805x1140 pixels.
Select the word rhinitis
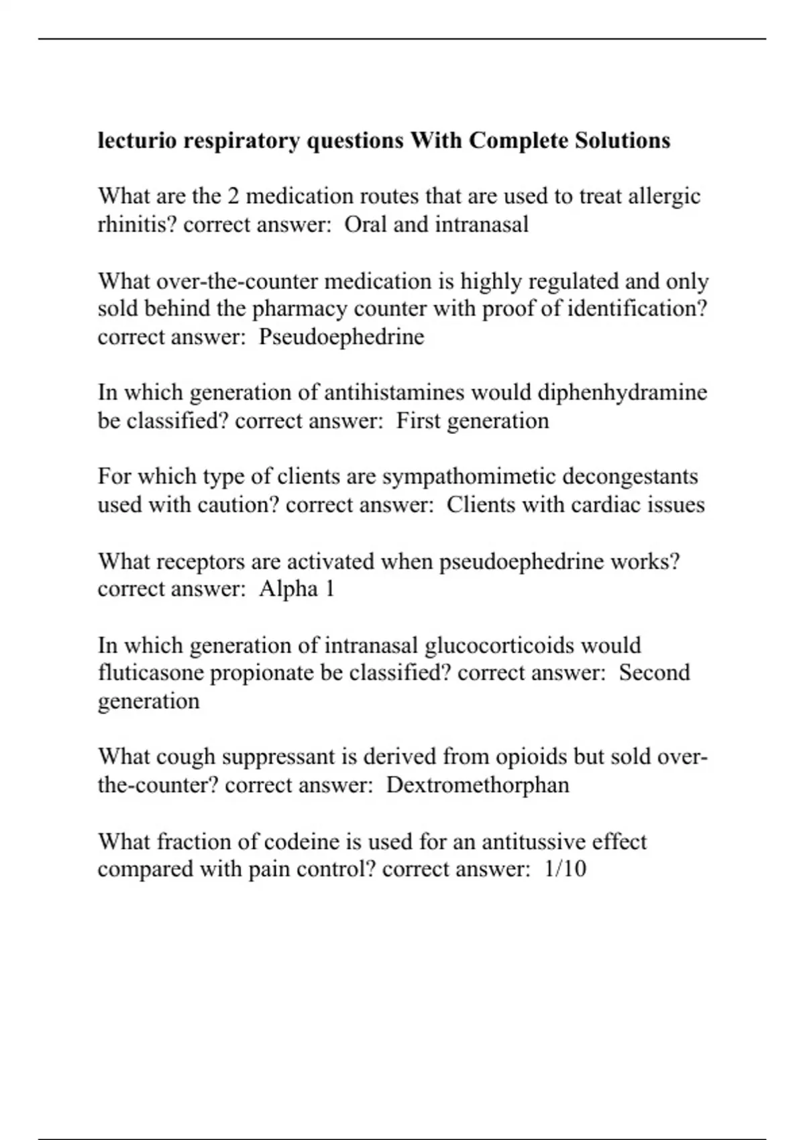137,224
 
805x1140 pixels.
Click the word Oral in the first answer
365,224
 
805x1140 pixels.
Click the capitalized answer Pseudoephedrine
341,337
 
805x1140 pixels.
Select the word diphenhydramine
622,392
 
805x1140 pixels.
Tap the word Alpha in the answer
288,589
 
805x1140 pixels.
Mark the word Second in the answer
654,673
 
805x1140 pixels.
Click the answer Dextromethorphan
478,785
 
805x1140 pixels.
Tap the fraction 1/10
566,869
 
